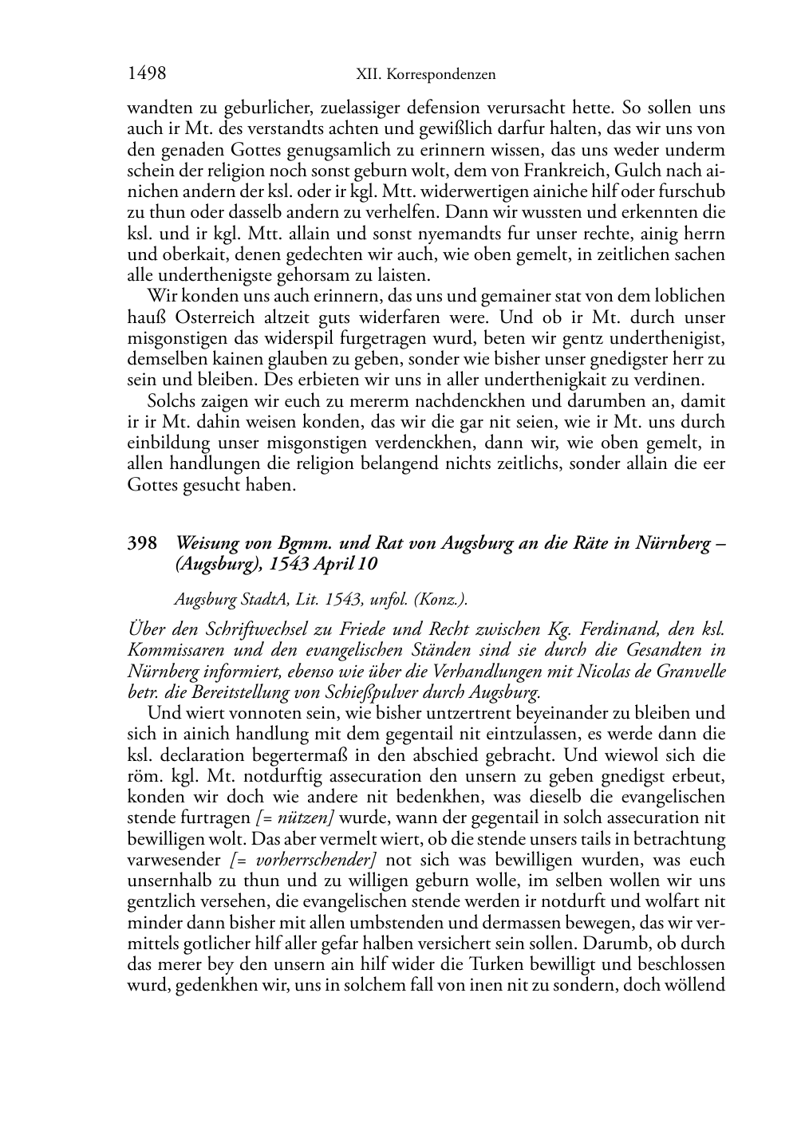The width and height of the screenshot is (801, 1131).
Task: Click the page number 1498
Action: tap(147, 74)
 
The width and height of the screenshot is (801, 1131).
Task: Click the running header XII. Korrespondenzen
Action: tap(425, 75)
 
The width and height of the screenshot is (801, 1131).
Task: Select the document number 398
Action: tap(141, 544)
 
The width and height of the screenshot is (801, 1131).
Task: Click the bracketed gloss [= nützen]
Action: tap(294, 818)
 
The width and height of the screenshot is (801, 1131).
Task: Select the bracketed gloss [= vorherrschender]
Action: tap(303, 860)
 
